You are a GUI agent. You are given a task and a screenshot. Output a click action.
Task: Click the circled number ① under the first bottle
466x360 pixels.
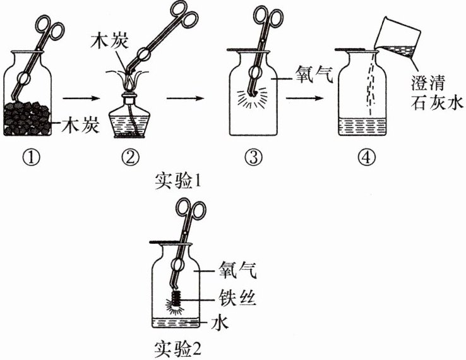point(35,157)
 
